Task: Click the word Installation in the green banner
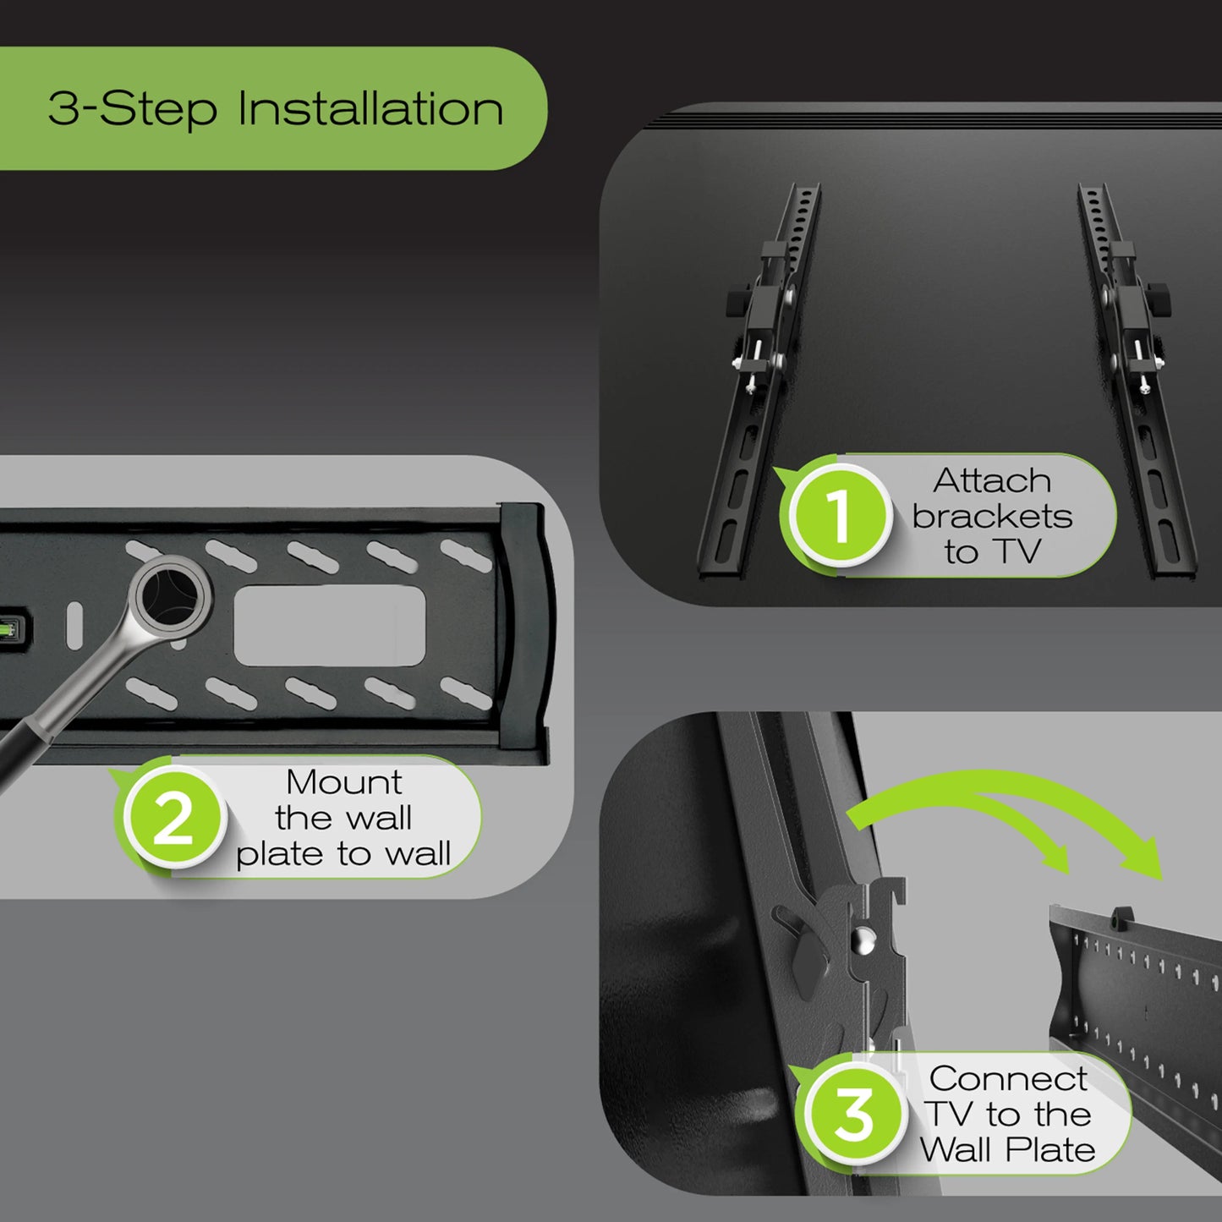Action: (370, 109)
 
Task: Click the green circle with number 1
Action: (839, 516)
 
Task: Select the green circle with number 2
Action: (174, 818)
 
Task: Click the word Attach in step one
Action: (992, 480)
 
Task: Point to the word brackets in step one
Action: (992, 516)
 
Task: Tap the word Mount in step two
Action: (343, 782)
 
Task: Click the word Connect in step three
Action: (1008, 1078)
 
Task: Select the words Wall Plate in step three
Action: (1008, 1150)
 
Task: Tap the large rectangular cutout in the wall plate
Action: (329, 626)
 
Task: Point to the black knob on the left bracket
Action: (735, 302)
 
